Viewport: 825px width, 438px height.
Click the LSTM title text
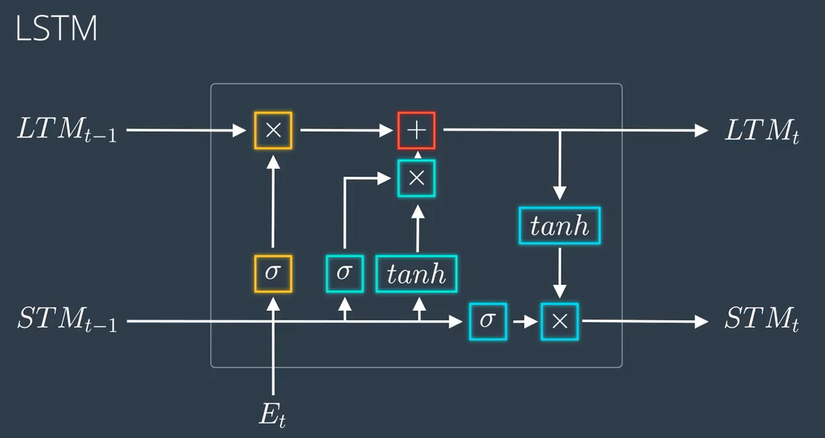click(56, 29)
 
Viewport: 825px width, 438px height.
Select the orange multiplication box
click(273, 130)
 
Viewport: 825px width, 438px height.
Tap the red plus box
click(417, 130)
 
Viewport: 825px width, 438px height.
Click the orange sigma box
click(273, 274)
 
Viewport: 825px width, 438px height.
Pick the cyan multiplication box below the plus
click(417, 178)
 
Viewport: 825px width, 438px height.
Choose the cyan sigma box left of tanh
click(345, 274)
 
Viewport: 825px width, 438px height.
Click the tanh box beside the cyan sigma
click(417, 274)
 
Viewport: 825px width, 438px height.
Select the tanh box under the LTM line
click(560, 225)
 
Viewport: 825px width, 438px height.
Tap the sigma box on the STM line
click(487, 321)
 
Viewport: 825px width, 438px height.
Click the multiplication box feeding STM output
click(560, 321)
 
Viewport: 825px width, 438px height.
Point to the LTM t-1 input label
click(66, 131)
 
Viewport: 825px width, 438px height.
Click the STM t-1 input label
click(66, 322)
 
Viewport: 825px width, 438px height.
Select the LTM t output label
click(761, 131)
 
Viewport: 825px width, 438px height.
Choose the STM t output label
click(761, 322)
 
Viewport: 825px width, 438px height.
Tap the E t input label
click(273, 415)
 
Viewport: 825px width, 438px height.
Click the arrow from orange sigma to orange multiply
click(273, 203)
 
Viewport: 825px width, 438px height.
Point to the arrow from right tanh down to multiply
click(560, 271)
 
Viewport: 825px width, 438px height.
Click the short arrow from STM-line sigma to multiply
click(524, 322)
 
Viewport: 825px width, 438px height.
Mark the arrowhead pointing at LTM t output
click(702, 130)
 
